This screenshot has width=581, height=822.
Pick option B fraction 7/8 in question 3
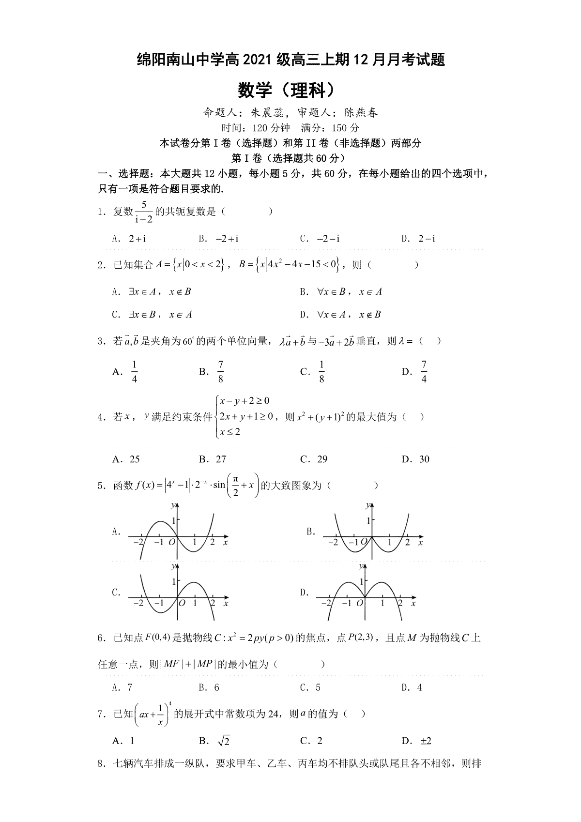[x=221, y=372]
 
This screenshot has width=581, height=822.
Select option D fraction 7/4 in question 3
[x=424, y=372]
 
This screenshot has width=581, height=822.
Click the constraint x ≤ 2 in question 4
[x=229, y=431]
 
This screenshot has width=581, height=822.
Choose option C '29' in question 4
[x=322, y=459]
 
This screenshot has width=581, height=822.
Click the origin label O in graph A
[x=171, y=543]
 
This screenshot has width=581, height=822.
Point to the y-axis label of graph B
[x=368, y=505]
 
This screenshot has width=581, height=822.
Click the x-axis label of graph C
[x=226, y=604]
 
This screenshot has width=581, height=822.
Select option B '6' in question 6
[x=216, y=687]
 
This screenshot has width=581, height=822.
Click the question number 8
[x=101, y=764]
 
